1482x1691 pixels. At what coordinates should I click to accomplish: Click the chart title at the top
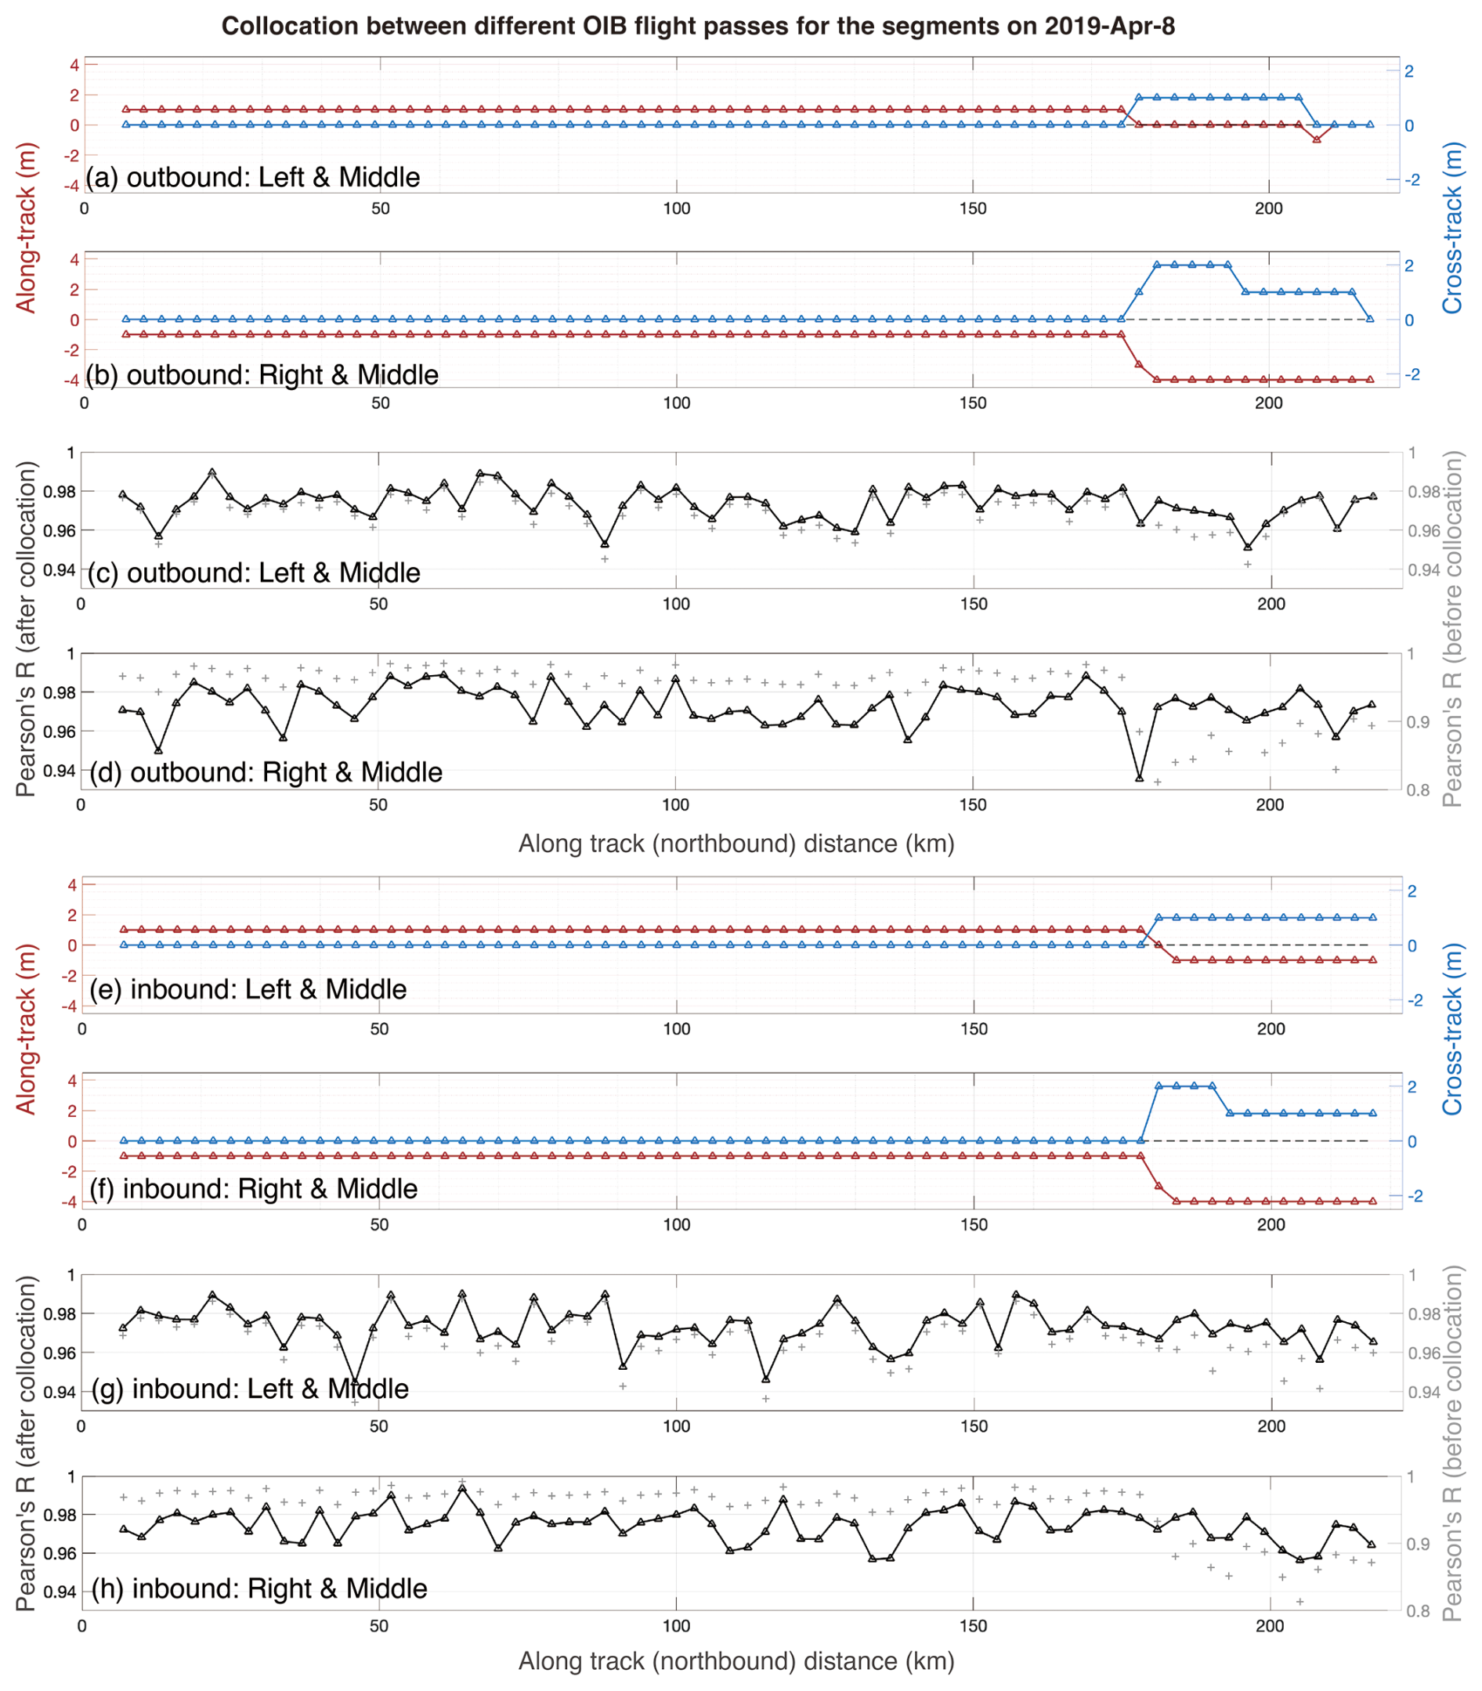tap(697, 27)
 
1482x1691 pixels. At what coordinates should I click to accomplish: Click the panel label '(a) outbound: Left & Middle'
tap(253, 177)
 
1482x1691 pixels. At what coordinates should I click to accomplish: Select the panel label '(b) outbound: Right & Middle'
tap(262, 374)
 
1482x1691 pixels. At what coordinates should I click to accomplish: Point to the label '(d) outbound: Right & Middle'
tap(266, 771)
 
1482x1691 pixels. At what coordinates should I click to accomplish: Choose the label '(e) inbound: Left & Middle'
tap(248, 989)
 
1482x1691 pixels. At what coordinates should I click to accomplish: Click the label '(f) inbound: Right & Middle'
tap(254, 1188)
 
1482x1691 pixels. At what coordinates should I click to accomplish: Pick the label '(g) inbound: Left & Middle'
tap(251, 1389)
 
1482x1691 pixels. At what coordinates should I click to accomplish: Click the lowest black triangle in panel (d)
tap(1140, 778)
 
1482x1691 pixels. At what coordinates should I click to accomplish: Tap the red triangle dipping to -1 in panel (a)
tap(1317, 139)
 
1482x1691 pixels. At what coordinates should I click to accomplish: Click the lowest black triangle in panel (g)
tap(356, 1382)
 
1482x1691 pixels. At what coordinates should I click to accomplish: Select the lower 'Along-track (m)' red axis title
tap(27, 1029)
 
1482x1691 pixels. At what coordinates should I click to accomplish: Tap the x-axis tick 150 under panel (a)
tap(973, 208)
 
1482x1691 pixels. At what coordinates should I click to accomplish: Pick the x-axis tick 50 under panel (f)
tap(380, 1225)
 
